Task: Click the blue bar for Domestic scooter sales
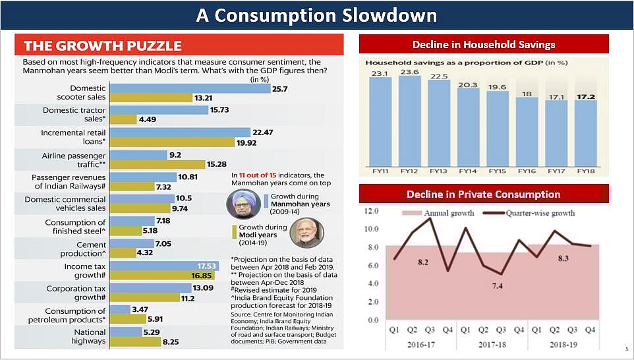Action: coord(189,88)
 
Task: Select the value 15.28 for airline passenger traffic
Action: coord(217,164)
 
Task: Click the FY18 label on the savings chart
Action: coord(586,171)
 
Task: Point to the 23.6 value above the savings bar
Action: coord(409,72)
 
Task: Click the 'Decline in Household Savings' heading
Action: coord(484,45)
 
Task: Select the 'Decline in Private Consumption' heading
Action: coord(483,194)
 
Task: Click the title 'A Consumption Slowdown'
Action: coord(316,15)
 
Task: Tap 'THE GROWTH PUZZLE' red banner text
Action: coord(103,45)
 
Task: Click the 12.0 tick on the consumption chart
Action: coord(372,211)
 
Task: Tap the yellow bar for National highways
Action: coord(134,342)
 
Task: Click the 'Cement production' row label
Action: coord(82,249)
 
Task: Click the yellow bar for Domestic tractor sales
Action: coord(123,119)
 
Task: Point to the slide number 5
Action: coord(626,349)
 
